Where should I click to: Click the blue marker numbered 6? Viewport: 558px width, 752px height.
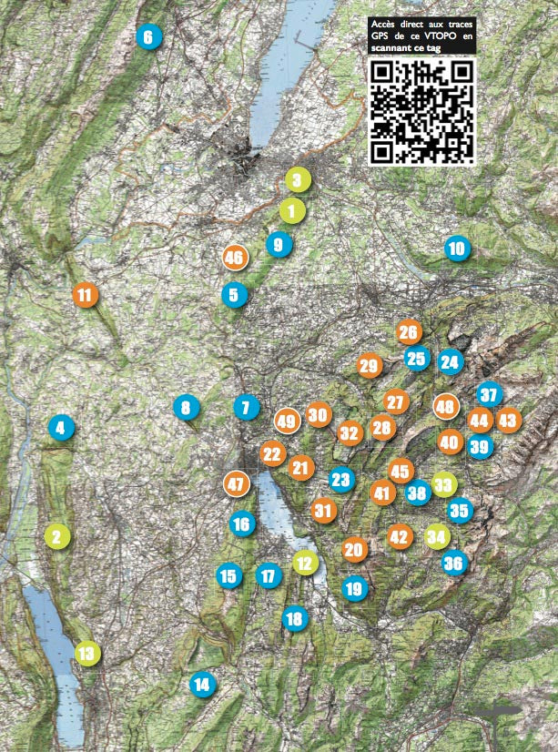[x=147, y=37]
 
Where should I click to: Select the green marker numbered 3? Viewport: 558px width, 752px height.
[x=297, y=180]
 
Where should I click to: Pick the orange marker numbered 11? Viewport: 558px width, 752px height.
[x=85, y=295]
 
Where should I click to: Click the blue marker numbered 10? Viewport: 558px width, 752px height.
[x=456, y=249]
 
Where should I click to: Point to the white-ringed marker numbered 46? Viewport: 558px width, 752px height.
[x=234, y=258]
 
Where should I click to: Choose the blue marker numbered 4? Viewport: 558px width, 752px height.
[x=61, y=427]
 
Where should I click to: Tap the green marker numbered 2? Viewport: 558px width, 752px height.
[x=56, y=536]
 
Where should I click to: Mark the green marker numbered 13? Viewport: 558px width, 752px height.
[x=86, y=653]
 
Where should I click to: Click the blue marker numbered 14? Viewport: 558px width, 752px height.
[x=202, y=684]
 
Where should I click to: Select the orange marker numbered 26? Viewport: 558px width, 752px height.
[x=409, y=332]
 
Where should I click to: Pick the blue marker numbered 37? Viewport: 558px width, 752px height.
[x=490, y=395]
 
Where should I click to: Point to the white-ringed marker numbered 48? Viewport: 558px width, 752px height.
[x=445, y=407]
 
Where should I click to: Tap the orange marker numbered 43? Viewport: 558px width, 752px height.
[x=508, y=421]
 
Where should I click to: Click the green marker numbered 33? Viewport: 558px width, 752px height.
[x=444, y=484]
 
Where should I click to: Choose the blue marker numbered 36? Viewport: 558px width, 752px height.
[x=453, y=564]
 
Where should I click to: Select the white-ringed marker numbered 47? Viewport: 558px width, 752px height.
[x=237, y=483]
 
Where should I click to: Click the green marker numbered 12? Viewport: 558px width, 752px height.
[x=304, y=564]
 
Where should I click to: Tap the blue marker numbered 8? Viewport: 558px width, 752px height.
[x=186, y=408]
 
